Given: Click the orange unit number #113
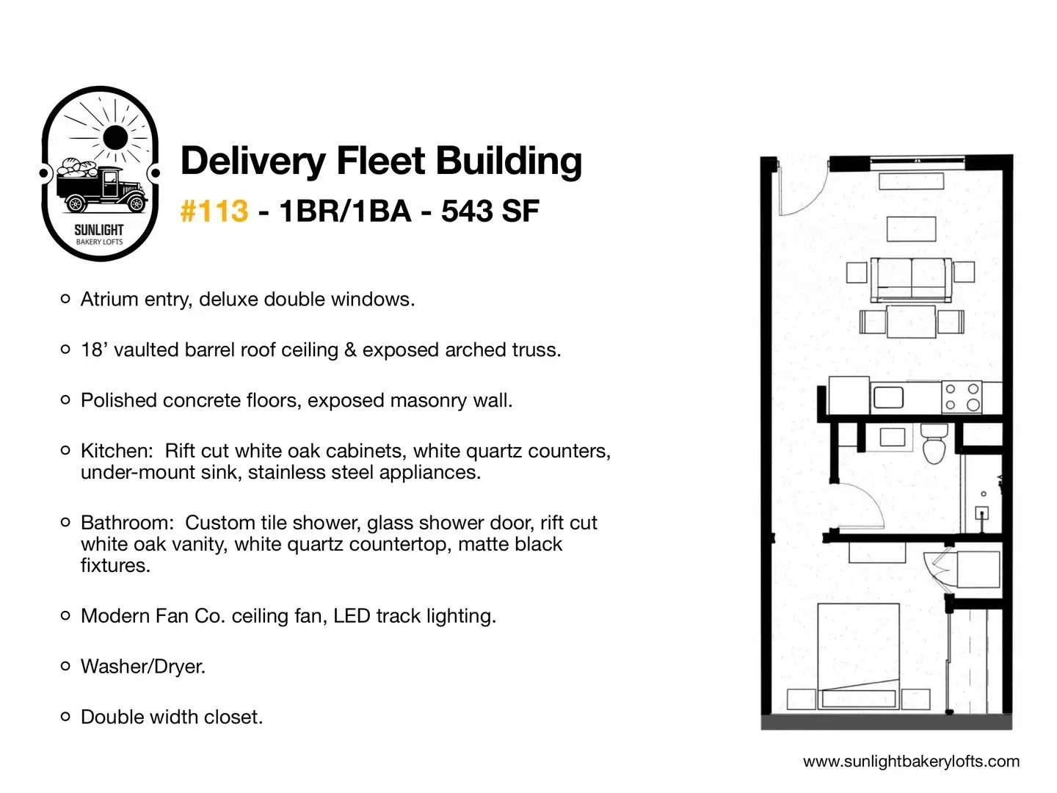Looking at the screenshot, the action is click(x=214, y=211).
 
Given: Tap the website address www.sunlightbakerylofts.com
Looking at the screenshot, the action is click(x=911, y=761).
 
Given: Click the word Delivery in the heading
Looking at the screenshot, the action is click(x=253, y=162).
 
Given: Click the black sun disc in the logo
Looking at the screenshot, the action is click(x=115, y=137).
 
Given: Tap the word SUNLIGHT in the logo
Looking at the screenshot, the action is click(x=98, y=230).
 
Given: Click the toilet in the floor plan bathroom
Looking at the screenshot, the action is click(x=934, y=443).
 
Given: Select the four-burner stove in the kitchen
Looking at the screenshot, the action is click(x=962, y=396).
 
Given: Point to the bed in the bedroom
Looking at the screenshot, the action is click(x=858, y=656).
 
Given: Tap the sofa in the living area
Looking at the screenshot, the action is click(x=911, y=279).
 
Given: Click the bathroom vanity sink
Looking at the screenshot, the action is click(x=893, y=437).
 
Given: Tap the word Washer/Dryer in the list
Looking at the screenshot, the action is click(x=143, y=667).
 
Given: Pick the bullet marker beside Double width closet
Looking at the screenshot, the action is click(x=65, y=717).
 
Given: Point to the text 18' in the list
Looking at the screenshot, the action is click(x=92, y=350).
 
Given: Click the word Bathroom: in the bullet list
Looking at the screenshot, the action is click(x=127, y=523).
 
